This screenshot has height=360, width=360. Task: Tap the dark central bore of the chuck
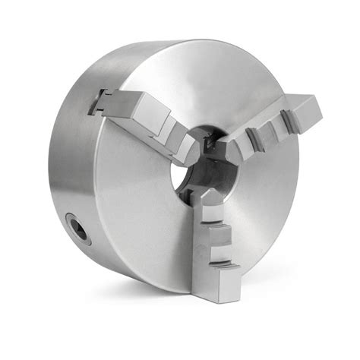point(205,170)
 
